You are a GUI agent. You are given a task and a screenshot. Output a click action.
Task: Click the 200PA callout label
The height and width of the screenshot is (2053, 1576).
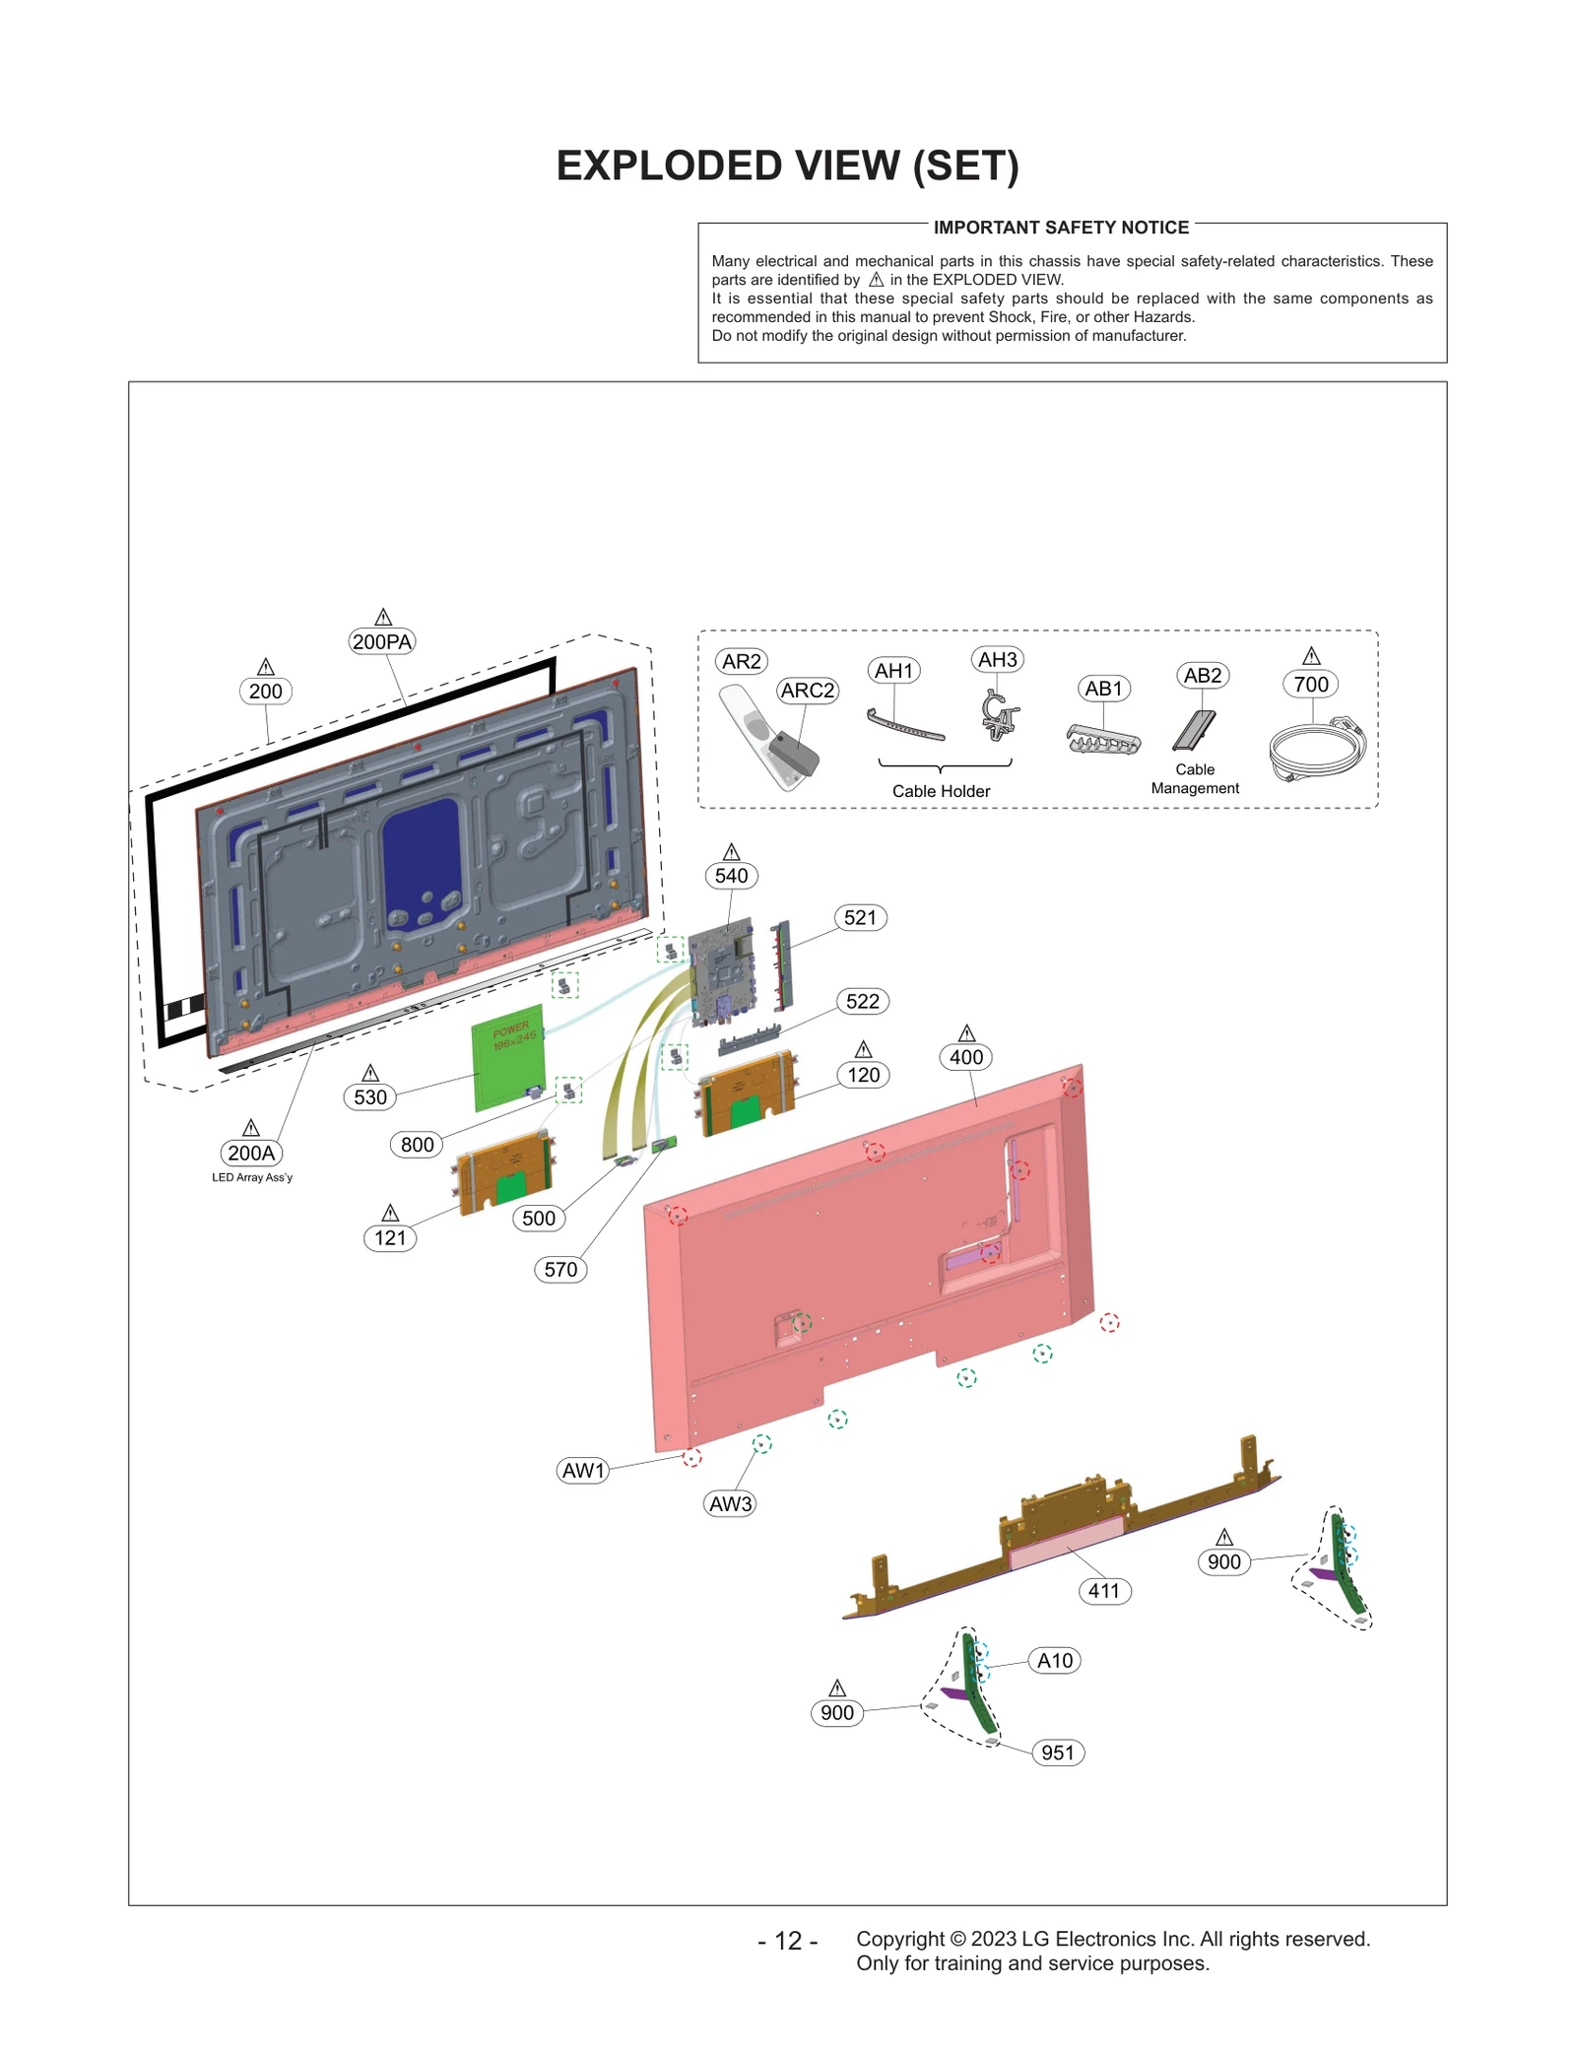[382, 641]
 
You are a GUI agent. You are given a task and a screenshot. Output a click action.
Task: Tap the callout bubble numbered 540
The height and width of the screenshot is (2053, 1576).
[731, 876]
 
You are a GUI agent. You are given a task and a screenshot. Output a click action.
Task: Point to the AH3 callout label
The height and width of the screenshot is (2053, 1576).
[997, 659]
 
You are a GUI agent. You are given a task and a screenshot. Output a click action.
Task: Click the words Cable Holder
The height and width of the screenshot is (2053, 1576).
[941, 791]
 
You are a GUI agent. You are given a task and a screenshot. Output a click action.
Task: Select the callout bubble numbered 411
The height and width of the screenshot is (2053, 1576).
[1104, 1591]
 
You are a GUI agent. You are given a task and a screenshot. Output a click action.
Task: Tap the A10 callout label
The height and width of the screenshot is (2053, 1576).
[1055, 1660]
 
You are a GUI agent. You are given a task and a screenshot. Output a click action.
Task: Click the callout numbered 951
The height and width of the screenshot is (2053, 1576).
[1058, 1753]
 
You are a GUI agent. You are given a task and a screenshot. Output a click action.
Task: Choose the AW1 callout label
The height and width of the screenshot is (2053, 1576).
[583, 1471]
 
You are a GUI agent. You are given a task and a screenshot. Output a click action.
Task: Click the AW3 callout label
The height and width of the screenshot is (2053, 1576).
[730, 1503]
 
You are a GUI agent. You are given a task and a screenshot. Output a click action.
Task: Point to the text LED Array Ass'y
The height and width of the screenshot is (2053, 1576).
[252, 1177]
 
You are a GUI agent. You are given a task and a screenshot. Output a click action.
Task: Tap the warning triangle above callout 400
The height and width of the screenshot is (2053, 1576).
[966, 1033]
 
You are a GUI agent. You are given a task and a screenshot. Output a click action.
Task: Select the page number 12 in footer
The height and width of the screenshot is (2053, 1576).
[788, 1941]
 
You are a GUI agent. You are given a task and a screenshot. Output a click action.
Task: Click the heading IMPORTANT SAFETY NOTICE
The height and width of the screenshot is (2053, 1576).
[1061, 228]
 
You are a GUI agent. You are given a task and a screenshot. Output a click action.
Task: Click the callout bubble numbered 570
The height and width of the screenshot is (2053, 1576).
[560, 1269]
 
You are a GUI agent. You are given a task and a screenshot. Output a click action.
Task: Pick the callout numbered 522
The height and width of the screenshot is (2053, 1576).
[863, 1001]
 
